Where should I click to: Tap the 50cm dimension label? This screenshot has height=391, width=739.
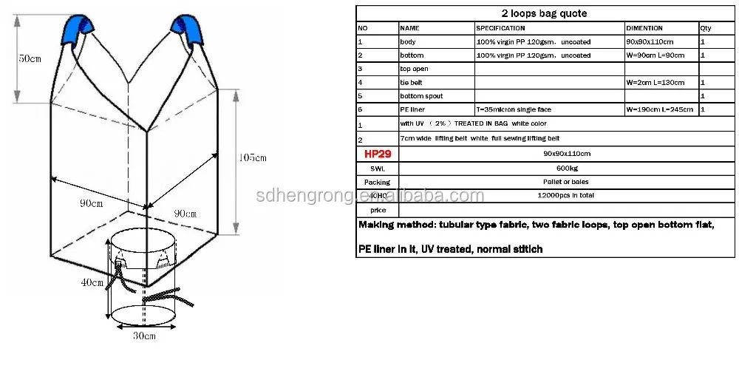coord(29,58)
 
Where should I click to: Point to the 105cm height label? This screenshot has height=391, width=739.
coord(252,157)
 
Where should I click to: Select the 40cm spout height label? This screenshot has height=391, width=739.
coord(92,282)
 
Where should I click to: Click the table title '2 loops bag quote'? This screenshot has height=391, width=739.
coord(545,13)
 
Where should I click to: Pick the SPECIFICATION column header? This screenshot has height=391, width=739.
coord(500,28)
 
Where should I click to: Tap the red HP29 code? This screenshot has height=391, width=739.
coord(377,154)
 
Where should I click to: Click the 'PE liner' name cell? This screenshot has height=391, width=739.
coord(412,109)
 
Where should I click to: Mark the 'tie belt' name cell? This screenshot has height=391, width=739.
coord(411,82)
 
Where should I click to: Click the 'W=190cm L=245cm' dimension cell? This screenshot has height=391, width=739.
coord(659,109)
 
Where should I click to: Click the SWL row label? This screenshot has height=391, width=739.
coord(377,168)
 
